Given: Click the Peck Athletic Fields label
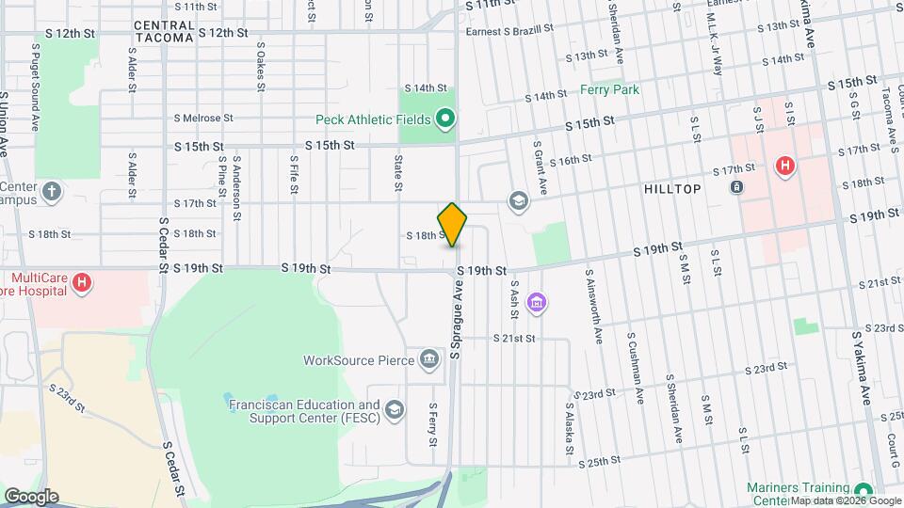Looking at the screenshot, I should [x=374, y=119].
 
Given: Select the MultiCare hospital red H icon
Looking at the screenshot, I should [x=83, y=281].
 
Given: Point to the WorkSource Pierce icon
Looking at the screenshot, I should [x=429, y=359].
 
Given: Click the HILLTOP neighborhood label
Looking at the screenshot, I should [x=672, y=189].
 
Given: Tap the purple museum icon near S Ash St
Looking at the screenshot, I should [x=537, y=303].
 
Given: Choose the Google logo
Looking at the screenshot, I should [x=31, y=496].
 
